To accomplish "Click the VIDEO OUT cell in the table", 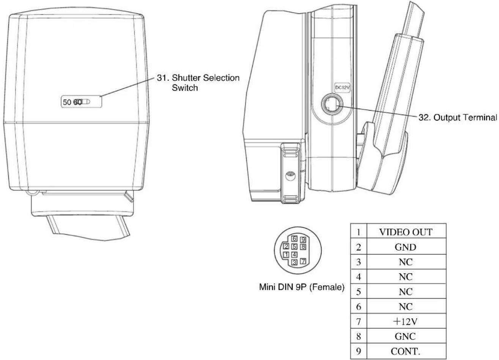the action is [406, 232].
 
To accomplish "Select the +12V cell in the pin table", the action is [406, 321].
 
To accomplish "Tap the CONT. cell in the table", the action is [406, 352].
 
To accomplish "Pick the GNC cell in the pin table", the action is [406, 336].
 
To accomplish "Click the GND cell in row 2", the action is [406, 247].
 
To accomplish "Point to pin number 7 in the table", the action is [359, 321].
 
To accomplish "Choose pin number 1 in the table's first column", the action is [359, 232].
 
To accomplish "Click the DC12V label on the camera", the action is [342, 88].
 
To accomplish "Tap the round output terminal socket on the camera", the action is [332, 104].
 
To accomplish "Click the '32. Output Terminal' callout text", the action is [458, 117].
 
